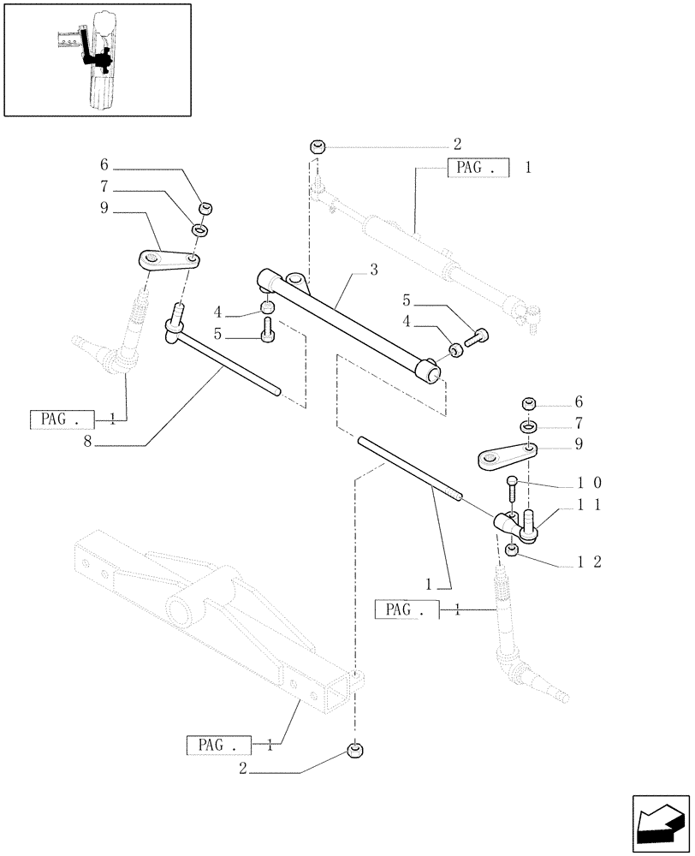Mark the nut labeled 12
tap(512, 550)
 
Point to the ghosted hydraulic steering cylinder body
tap(411, 235)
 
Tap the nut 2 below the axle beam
tap(356, 751)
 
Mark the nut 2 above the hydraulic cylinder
tap(318, 147)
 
